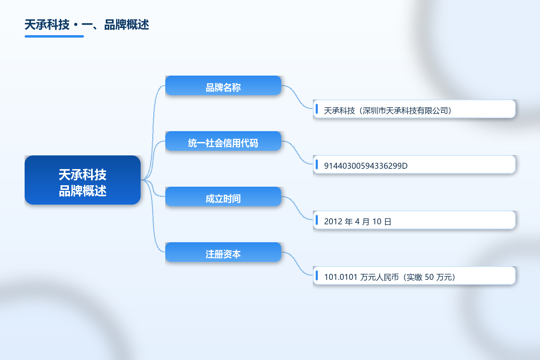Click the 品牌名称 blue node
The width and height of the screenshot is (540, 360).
[x=223, y=85]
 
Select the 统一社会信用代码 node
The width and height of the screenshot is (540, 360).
[x=223, y=141]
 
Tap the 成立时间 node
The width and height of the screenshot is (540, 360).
[x=223, y=197]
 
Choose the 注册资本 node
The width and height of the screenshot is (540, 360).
[x=223, y=252]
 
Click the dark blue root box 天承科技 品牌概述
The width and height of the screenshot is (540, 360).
[x=83, y=180]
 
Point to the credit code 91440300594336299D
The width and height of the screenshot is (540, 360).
[x=366, y=166]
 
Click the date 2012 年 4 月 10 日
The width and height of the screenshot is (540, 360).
[x=358, y=221]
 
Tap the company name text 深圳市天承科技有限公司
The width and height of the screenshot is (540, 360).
[x=405, y=111]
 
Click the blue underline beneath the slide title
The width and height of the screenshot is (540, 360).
[x=54, y=37]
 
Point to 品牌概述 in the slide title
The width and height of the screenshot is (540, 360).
[x=127, y=25]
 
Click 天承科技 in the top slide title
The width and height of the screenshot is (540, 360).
[x=47, y=25]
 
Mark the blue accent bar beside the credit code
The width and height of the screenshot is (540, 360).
[x=317, y=165]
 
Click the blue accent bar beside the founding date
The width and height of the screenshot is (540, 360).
[x=317, y=220]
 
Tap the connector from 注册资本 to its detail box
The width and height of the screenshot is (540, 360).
[x=297, y=264]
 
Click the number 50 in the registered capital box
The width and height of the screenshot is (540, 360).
[x=429, y=277]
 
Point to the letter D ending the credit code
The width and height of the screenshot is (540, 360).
[x=405, y=166]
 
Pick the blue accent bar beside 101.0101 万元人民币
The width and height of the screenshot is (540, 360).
[x=317, y=276]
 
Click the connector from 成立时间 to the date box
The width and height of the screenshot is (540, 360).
[x=297, y=208]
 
